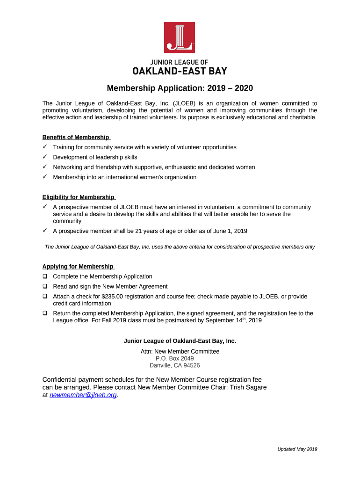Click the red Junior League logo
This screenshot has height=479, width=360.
[x=180, y=37]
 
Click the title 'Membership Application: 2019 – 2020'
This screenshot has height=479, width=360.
[x=180, y=88]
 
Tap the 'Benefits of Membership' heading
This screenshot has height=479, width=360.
[x=76, y=137]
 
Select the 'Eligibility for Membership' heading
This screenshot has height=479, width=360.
[x=78, y=197]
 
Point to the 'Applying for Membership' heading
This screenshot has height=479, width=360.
[x=78, y=266]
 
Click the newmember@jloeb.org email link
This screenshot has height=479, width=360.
[x=83, y=395]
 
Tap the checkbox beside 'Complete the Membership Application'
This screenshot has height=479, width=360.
[x=45, y=276]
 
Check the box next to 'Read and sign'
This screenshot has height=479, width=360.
[x=45, y=286]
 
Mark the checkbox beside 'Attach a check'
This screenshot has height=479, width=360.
[x=45, y=296]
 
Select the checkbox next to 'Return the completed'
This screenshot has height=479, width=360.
[x=45, y=313]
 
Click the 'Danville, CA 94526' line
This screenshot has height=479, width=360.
[x=174, y=365]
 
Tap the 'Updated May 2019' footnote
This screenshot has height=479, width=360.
[x=297, y=449]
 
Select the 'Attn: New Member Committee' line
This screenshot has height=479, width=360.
[x=180, y=351]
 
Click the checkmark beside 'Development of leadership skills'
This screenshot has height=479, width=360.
[x=45, y=157]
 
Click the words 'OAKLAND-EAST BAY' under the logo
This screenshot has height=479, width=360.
[x=180, y=72]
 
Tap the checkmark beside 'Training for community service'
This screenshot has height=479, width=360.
[x=45, y=147]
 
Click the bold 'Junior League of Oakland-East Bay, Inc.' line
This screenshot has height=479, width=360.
[x=180, y=341]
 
